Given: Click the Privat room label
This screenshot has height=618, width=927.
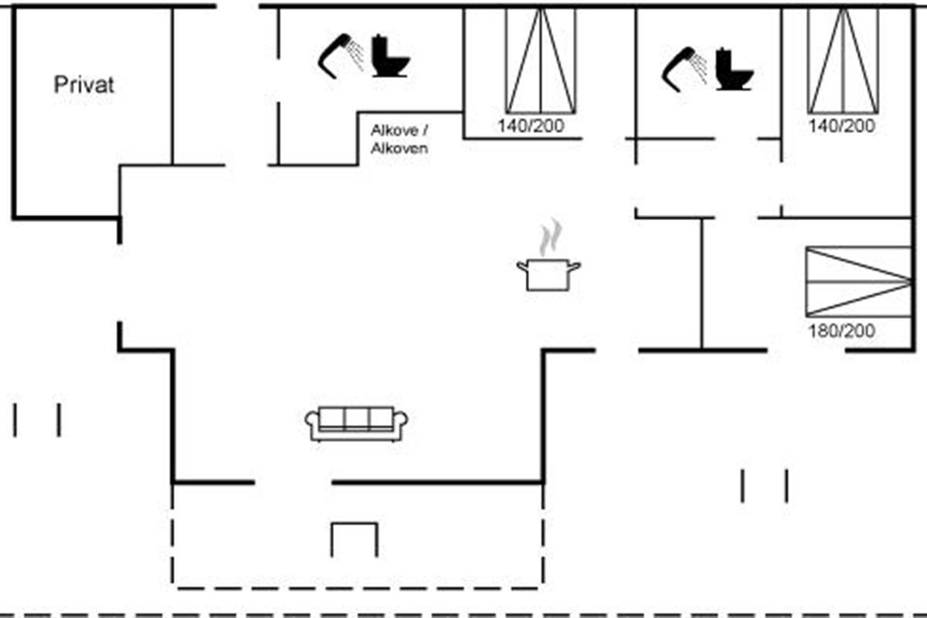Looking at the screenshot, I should click(83, 84).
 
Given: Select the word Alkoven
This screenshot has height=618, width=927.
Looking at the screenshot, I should click(399, 148).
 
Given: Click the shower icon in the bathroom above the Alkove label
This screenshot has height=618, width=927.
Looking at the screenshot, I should click(341, 56).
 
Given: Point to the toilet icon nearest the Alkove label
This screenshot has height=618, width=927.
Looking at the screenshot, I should click(390, 56).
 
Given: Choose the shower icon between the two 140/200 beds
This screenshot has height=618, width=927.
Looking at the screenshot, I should click(684, 69).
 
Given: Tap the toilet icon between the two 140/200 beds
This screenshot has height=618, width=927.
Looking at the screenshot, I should click(733, 69).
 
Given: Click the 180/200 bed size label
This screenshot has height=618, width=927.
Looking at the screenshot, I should click(842, 331).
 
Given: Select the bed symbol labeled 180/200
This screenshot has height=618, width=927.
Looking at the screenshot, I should click(858, 281).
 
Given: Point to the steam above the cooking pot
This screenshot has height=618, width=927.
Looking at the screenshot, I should click(550, 237).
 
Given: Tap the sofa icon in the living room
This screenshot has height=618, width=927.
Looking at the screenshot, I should click(357, 423).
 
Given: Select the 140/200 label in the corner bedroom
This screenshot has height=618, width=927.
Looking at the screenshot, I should click(842, 126).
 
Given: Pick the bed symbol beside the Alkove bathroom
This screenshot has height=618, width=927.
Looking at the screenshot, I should click(541, 60).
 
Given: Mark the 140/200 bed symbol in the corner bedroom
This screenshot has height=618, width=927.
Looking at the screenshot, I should click(844, 60).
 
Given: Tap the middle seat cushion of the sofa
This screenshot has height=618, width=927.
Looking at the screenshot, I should click(357, 419).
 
